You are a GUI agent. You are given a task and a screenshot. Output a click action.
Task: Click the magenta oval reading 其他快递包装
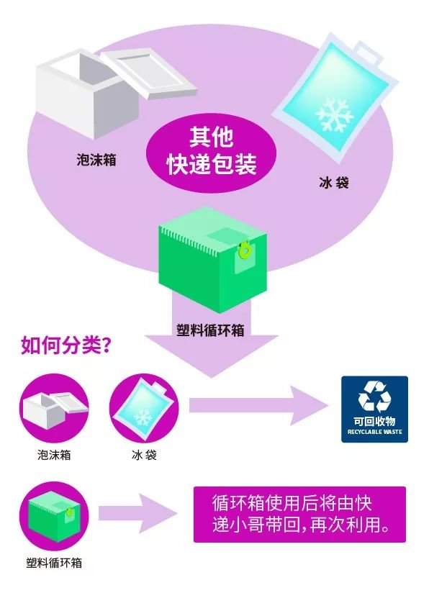point(211,153)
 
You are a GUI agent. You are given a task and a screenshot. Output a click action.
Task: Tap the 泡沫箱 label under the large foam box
point(96,160)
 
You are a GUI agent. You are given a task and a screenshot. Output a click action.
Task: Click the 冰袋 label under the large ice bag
point(333,183)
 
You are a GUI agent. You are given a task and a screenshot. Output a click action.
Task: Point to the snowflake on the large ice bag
point(335,115)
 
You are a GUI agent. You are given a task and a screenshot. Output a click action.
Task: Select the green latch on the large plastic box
point(245,250)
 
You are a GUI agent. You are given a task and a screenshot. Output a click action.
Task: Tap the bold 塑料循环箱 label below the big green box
point(210,330)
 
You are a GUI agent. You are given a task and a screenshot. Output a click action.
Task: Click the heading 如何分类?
point(66,345)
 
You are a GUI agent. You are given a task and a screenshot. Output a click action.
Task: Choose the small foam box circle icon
point(54,408)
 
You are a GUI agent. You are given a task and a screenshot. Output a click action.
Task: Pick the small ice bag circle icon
point(144,408)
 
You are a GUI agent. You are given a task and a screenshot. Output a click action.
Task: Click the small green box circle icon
point(54,516)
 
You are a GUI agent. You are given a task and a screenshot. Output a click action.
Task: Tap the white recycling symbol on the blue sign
point(374,396)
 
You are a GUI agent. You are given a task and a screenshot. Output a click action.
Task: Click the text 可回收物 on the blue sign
point(374,421)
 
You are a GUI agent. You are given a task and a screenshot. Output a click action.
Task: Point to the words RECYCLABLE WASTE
point(374,432)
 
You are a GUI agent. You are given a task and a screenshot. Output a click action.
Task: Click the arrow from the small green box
point(138,514)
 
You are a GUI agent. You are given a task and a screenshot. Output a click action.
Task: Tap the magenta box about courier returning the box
point(299,515)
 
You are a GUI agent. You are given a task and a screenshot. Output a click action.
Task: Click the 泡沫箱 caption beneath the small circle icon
point(54,455)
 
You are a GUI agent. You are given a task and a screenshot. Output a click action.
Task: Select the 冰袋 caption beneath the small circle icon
point(144,455)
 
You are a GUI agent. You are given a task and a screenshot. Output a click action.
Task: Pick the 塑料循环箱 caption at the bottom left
point(54,563)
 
